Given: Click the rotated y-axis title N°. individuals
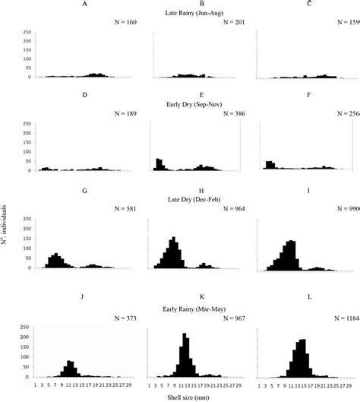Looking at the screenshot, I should (5, 205).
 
